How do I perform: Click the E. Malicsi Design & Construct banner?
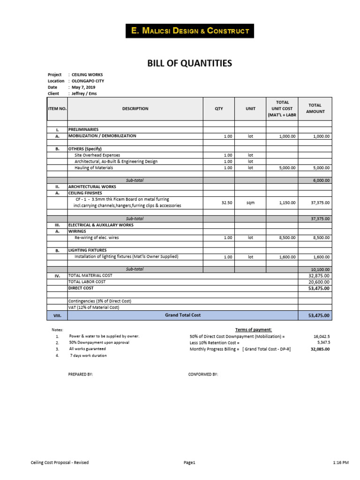pos(190,31)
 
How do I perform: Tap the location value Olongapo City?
pos(88,81)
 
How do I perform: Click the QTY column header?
pos(219,109)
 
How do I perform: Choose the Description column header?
pos(135,109)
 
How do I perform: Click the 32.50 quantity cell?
pos(226,202)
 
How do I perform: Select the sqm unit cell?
pos(250,202)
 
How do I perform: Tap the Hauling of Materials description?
pos(95,167)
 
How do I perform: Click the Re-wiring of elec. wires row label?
pos(97,238)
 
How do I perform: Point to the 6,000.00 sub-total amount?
pos(321,180)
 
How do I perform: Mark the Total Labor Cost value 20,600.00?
pos(319,282)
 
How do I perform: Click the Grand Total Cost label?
pos(182,315)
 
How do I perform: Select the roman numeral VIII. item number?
pos(57,316)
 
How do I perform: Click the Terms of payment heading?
pos(254,330)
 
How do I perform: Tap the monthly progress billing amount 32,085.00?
pos(320,349)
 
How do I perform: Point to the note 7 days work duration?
pos(88,356)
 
